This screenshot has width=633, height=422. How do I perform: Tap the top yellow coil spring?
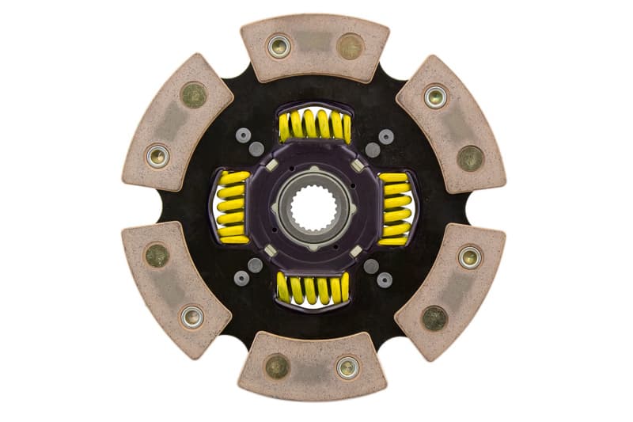click(x=314, y=125)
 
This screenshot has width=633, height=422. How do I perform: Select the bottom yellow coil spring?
click(x=314, y=289)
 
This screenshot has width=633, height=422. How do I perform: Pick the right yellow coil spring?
click(x=395, y=207)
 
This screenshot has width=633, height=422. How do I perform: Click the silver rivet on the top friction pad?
click(x=279, y=46)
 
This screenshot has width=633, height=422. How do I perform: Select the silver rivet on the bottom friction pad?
click(x=347, y=366)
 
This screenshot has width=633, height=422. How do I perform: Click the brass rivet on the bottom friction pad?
click(x=277, y=366)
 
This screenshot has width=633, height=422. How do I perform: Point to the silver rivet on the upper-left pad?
click(x=158, y=155)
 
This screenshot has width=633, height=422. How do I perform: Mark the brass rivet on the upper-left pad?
click(x=193, y=95)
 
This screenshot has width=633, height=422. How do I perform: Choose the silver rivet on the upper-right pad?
click(x=435, y=97)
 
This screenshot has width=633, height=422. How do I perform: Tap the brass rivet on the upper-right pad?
click(x=470, y=157)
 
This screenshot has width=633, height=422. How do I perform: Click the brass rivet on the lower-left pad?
click(x=157, y=255)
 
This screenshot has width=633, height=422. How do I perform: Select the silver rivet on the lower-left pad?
click(x=191, y=317)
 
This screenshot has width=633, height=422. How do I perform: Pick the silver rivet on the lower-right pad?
click(x=470, y=257)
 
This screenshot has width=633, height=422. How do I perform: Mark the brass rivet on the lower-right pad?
click(x=434, y=317)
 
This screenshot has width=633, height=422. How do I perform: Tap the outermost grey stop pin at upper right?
click(x=386, y=136)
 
